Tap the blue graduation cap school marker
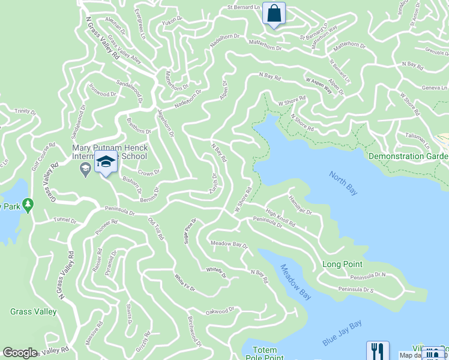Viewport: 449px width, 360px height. (106, 163)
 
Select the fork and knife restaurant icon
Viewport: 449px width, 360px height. (378, 350)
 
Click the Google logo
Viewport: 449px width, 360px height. (20, 353)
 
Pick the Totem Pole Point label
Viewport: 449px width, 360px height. (265, 354)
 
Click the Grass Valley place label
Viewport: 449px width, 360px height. (34, 311)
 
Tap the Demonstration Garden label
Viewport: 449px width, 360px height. (408, 156)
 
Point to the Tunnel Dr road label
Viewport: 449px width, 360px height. (65, 220)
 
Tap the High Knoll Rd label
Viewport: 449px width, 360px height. (280, 218)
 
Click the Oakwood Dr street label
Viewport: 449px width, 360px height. (220, 311)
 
